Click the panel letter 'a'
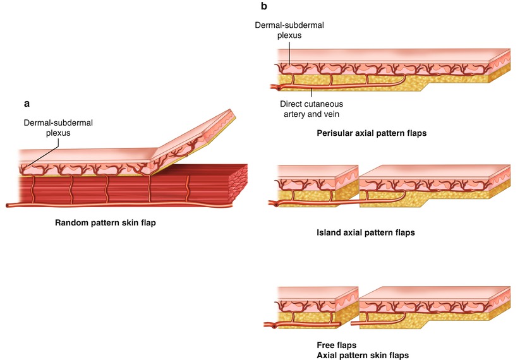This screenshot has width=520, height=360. pos(26,102)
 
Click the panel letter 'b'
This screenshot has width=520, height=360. pos(263,7)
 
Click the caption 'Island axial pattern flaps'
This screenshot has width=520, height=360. pos(365,232)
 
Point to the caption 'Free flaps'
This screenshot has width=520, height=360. pos(337,345)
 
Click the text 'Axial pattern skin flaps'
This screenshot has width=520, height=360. pos(363,355)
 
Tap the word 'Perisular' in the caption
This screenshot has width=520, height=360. pos(336,135)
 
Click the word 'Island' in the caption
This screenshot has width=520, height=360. pos(329,232)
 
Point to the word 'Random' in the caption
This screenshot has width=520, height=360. pos(73,223)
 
